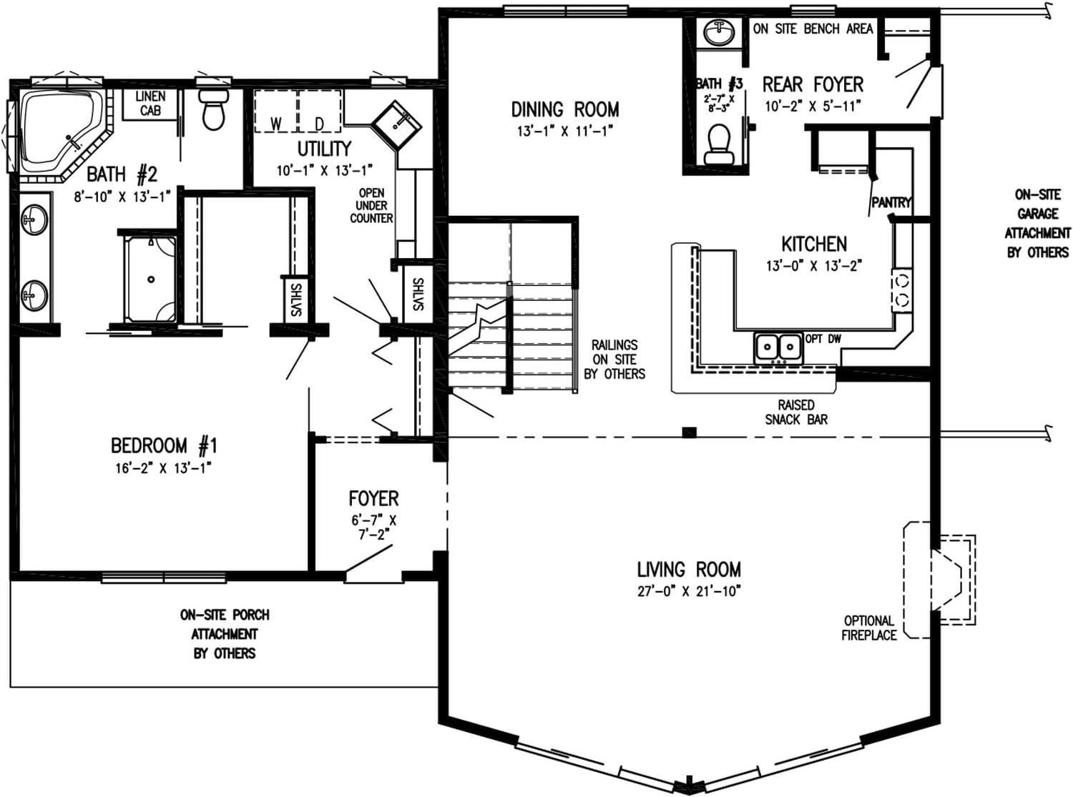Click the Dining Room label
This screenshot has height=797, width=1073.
pyautogui.click(x=564, y=109)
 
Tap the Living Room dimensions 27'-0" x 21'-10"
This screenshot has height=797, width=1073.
pyautogui.click(x=688, y=591)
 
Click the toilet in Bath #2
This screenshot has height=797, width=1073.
pyautogui.click(x=213, y=109)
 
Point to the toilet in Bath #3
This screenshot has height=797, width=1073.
pyautogui.click(x=718, y=145)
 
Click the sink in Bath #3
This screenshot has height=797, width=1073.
pyautogui.click(x=717, y=33)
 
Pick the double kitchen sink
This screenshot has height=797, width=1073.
pyautogui.click(x=778, y=347)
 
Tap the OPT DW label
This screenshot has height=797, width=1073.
pyautogui.click(x=823, y=338)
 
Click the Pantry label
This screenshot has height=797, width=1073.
pyautogui.click(x=891, y=203)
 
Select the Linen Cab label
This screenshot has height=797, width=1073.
pyautogui.click(x=150, y=103)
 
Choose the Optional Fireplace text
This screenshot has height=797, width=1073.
pyautogui.click(x=868, y=628)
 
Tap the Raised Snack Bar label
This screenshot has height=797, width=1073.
pyautogui.click(x=796, y=412)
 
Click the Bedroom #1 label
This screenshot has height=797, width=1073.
pyautogui.click(x=164, y=446)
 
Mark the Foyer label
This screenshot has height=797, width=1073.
pyautogui.click(x=373, y=498)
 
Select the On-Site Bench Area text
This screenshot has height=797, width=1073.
pyautogui.click(x=813, y=29)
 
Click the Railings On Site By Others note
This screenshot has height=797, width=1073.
pyautogui.click(x=614, y=359)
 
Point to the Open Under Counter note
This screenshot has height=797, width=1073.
pyautogui.click(x=371, y=205)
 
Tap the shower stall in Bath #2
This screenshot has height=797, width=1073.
pyautogui.click(x=150, y=279)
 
